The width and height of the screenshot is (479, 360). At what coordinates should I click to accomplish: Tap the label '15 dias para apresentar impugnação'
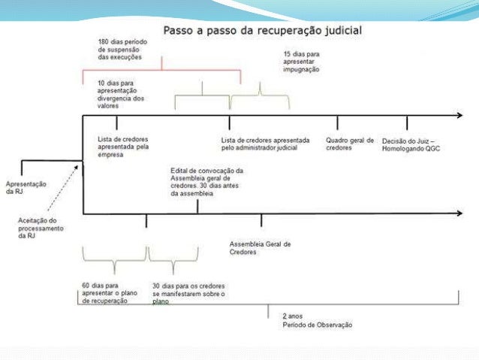(x=301, y=62)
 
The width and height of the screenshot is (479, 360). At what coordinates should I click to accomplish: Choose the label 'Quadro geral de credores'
(x=350, y=143)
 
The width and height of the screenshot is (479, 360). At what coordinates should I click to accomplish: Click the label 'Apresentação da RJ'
(x=26, y=187)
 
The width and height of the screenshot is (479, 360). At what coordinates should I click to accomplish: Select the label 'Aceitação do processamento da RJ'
(x=41, y=227)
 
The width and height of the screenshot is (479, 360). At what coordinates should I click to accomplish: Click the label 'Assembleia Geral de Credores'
(x=260, y=248)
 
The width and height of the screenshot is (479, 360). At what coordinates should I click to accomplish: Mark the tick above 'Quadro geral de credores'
(x=337, y=123)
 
